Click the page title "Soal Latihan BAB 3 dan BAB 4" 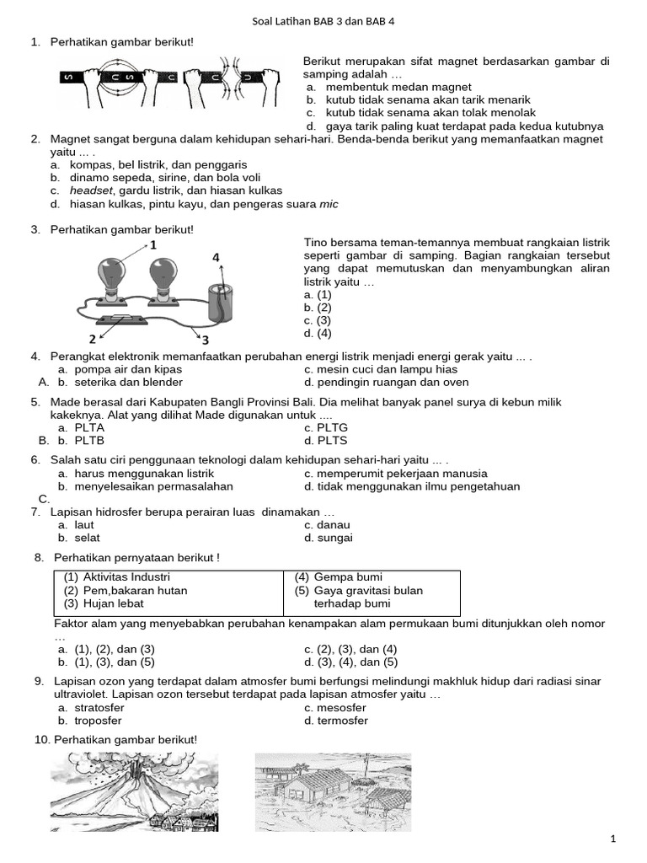tap(323, 23)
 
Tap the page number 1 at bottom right tap(613, 839)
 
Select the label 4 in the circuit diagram tap(217, 257)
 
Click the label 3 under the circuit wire tap(204, 340)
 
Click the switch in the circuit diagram tap(123, 320)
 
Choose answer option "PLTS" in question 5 tap(332, 440)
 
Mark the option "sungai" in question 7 tap(334, 538)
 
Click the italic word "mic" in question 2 tap(329, 204)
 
